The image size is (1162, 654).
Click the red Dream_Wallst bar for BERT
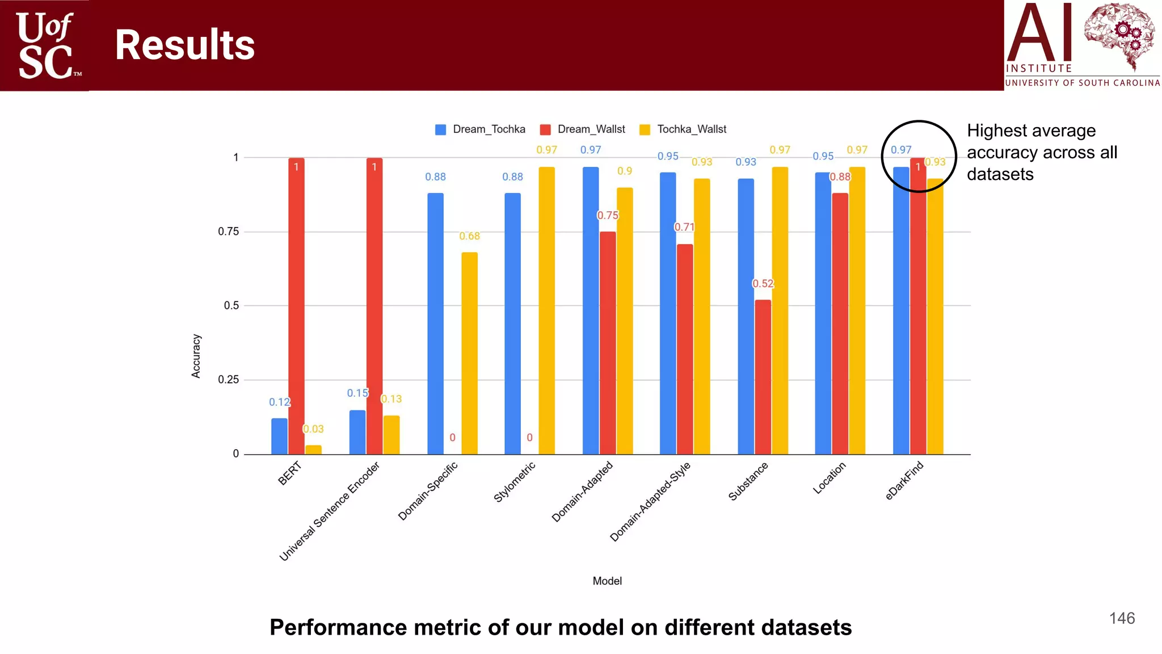coord(296,307)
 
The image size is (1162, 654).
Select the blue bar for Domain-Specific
coord(435,324)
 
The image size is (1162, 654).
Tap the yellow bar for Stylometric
coord(546,311)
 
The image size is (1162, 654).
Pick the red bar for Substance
coord(763,377)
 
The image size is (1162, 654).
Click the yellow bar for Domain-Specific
coord(469,353)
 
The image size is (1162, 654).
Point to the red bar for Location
coord(840,324)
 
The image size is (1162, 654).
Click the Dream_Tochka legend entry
coord(480,129)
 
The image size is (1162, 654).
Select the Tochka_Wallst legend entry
coord(683,129)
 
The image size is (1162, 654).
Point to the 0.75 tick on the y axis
coord(229,232)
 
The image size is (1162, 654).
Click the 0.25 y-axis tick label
coord(229,380)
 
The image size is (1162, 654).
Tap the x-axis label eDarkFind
coord(904,481)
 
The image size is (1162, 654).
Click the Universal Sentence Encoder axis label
coord(329,512)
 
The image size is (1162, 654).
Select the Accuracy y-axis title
coord(196,356)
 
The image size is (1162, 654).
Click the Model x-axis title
coord(607,581)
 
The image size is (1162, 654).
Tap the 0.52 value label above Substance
coord(763,283)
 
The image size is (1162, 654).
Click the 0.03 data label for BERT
coord(313,429)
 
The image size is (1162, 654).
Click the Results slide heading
coord(185,45)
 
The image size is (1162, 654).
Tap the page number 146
coord(1122,618)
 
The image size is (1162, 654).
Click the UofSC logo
coord(45,45)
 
